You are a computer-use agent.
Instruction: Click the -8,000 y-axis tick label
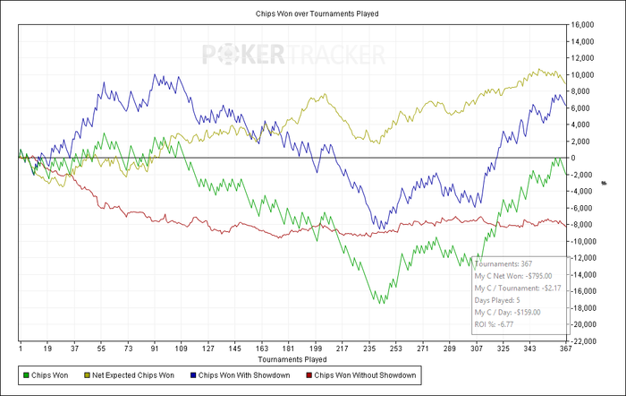tap(584, 225)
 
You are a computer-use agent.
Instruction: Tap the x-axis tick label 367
tap(564, 348)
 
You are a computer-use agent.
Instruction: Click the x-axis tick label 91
tap(156, 348)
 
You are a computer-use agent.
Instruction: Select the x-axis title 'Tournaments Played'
tap(292, 359)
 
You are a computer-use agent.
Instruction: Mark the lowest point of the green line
tap(383, 304)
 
